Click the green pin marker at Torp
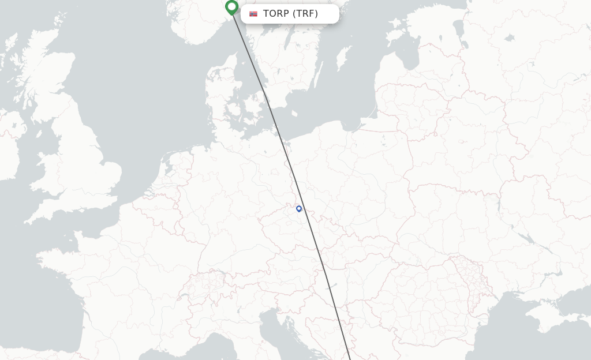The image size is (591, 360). coord(231,7)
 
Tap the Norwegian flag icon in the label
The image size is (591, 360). coord(253,14)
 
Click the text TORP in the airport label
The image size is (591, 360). coord(276,14)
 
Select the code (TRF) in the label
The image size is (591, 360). coord(305,14)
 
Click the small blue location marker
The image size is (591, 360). coord(299,209)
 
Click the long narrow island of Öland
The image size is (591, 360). coord(318,75)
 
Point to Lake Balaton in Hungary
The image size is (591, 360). coord(331,286)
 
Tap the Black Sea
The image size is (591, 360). coord(519,340)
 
